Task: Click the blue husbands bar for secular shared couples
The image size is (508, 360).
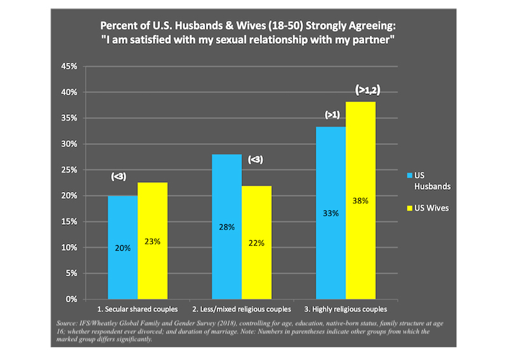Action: click(x=123, y=247)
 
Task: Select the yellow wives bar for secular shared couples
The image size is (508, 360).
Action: click(x=152, y=241)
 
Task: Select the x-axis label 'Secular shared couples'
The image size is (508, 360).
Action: click(x=137, y=309)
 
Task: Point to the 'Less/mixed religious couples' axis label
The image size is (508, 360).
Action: click(x=241, y=309)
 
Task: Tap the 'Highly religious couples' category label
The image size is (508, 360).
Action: click(x=345, y=309)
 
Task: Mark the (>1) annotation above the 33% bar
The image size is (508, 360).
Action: click(x=332, y=115)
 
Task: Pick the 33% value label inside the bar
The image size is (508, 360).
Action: click(x=330, y=213)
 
